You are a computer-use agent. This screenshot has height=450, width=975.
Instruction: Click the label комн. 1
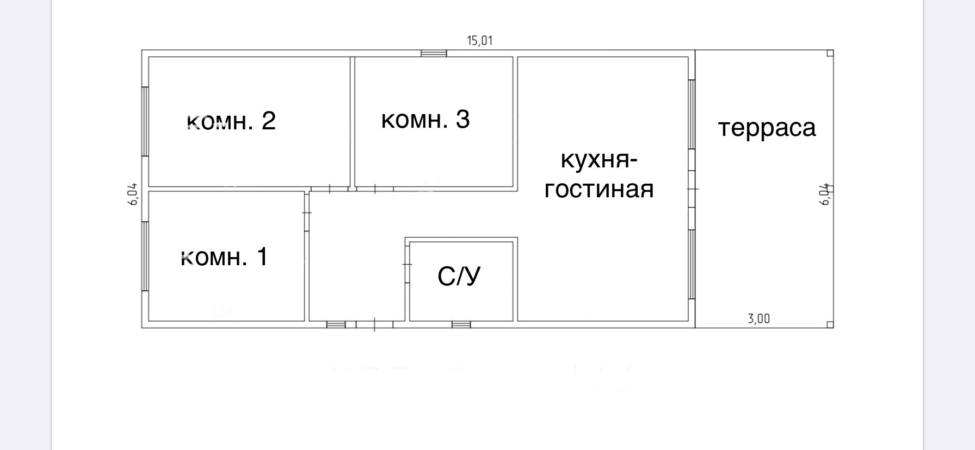tap(224, 257)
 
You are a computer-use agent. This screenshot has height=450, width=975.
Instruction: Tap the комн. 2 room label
tap(231, 121)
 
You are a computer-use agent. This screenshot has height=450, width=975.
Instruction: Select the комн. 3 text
tap(425, 120)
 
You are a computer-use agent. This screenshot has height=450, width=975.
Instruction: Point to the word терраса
tap(767, 128)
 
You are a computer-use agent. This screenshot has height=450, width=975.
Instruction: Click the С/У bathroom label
tap(459, 277)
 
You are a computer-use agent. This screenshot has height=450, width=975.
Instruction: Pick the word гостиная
tap(599, 190)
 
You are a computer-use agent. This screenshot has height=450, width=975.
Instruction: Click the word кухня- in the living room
tap(599, 160)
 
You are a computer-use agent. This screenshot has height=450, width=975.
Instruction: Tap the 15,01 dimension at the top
tap(480, 41)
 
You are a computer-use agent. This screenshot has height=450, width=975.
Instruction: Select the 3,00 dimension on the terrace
tap(759, 319)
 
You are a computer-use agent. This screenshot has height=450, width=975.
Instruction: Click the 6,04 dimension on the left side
tap(133, 193)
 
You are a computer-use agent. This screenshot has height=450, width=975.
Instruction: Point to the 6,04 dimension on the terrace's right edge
tap(825, 193)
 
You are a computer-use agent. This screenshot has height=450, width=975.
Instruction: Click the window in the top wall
tap(434, 53)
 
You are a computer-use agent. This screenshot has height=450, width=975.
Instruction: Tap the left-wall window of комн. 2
tap(145, 121)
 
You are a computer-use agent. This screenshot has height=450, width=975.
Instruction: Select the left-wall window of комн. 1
tap(145, 256)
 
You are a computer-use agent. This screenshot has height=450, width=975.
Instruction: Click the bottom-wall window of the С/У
tap(461, 324)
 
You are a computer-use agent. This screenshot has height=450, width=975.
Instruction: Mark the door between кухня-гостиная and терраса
tap(692, 189)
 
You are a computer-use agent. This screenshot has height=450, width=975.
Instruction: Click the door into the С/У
tap(407, 264)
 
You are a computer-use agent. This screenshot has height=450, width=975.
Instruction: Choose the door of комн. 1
tap(307, 212)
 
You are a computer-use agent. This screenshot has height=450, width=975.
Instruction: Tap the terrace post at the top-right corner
tap(830, 53)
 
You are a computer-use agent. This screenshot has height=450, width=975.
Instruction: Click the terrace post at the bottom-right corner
tap(830, 324)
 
